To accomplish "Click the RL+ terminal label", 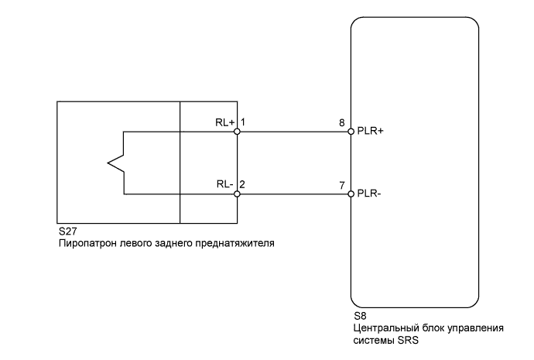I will (x=224, y=122).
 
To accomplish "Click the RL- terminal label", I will (x=224, y=184).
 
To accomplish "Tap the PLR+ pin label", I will (x=371, y=132).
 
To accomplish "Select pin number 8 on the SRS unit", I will (x=341, y=122).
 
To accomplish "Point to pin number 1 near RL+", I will (x=243, y=122).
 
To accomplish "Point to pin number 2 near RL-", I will (x=243, y=184).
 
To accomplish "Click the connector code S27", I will (x=67, y=231).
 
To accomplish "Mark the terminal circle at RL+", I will (x=238, y=132).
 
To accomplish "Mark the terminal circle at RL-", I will (x=238, y=194).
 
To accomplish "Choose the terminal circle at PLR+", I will (x=351, y=132).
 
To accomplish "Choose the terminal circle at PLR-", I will (x=351, y=194).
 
